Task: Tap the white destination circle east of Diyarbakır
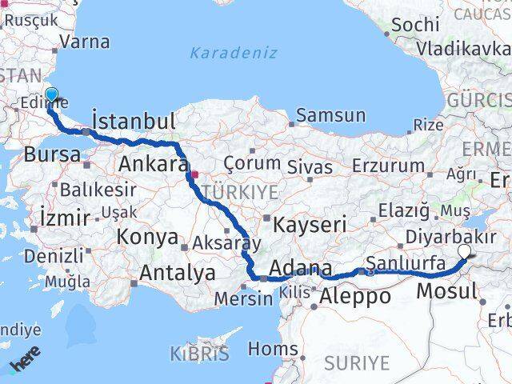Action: click(466, 253)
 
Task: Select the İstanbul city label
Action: click(134, 122)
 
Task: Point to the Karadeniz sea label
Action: click(234, 53)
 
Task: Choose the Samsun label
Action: click(330, 115)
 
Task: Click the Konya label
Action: click(147, 237)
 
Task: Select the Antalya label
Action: click(177, 273)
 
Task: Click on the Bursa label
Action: click(52, 154)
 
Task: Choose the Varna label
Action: click(84, 42)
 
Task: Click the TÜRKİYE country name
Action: click(240, 192)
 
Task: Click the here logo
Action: click(26, 362)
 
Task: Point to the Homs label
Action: click(273, 349)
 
